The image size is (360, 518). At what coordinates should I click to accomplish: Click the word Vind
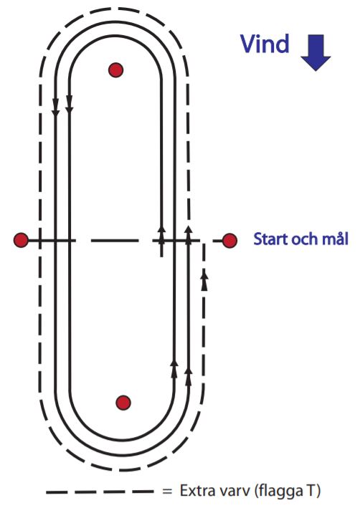click(265, 44)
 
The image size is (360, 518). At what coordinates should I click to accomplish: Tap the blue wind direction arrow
click(316, 52)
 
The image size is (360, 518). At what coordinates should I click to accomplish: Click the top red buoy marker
click(115, 70)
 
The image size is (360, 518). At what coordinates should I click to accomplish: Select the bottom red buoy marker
click(123, 403)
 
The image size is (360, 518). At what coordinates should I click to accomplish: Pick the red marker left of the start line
click(22, 240)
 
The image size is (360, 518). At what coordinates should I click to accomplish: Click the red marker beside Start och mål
click(229, 241)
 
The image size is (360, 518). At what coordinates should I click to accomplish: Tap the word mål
click(334, 239)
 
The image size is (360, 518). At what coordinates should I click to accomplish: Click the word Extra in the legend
click(196, 491)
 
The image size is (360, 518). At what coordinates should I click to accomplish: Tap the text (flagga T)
click(288, 491)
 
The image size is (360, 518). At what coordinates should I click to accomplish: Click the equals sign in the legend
click(168, 491)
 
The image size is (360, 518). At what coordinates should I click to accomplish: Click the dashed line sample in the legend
click(99, 492)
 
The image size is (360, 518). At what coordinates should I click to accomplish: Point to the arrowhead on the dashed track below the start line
click(204, 280)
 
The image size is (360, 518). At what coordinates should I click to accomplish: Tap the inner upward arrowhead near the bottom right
click(174, 368)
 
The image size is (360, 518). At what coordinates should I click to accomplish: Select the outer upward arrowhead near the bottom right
click(189, 376)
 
